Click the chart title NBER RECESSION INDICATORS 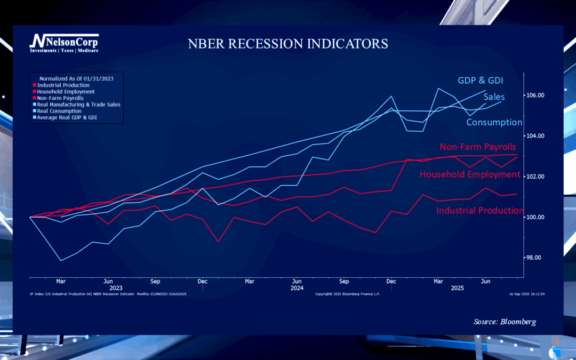pos(287,44)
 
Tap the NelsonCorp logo pos(64,43)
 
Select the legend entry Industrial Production pos(63,85)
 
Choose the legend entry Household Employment pos(66,92)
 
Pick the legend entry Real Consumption pos(59,111)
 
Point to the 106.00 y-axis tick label pos(536,95)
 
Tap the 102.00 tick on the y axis pos(536,177)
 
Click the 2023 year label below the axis pos(116,288)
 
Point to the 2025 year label pos(457,288)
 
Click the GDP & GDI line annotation pos(481,81)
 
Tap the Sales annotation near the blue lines pos(494,97)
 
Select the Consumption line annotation pos(494,122)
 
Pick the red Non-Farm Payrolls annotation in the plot pos(477,147)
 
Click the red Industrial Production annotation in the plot pos(479,211)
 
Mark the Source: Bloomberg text pos(505,322)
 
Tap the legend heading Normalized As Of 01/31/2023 pos(76,78)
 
